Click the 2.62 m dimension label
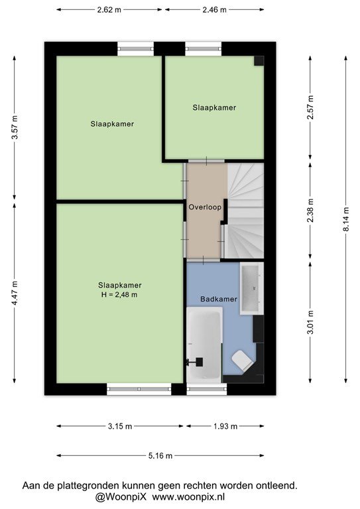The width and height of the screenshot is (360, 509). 109,10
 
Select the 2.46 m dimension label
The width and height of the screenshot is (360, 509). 214,10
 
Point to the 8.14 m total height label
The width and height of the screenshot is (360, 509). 346,219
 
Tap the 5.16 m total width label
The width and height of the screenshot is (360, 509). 160,456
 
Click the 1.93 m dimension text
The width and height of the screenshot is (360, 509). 225,426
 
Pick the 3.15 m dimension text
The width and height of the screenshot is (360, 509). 120,426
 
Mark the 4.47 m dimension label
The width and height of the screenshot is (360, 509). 15,294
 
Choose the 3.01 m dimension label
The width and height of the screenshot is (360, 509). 311,322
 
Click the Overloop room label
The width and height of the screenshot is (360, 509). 205,207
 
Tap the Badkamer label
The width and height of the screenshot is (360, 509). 219,299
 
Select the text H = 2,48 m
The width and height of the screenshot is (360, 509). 119,295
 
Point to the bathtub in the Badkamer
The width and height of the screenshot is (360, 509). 204,345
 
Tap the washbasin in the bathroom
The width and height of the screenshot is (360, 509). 251,288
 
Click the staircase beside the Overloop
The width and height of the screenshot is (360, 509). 245,211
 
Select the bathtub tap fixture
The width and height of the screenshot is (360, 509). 196,362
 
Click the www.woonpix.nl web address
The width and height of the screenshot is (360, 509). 188,497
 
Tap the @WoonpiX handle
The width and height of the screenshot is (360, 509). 121,497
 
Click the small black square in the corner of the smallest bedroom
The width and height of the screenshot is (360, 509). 259,61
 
